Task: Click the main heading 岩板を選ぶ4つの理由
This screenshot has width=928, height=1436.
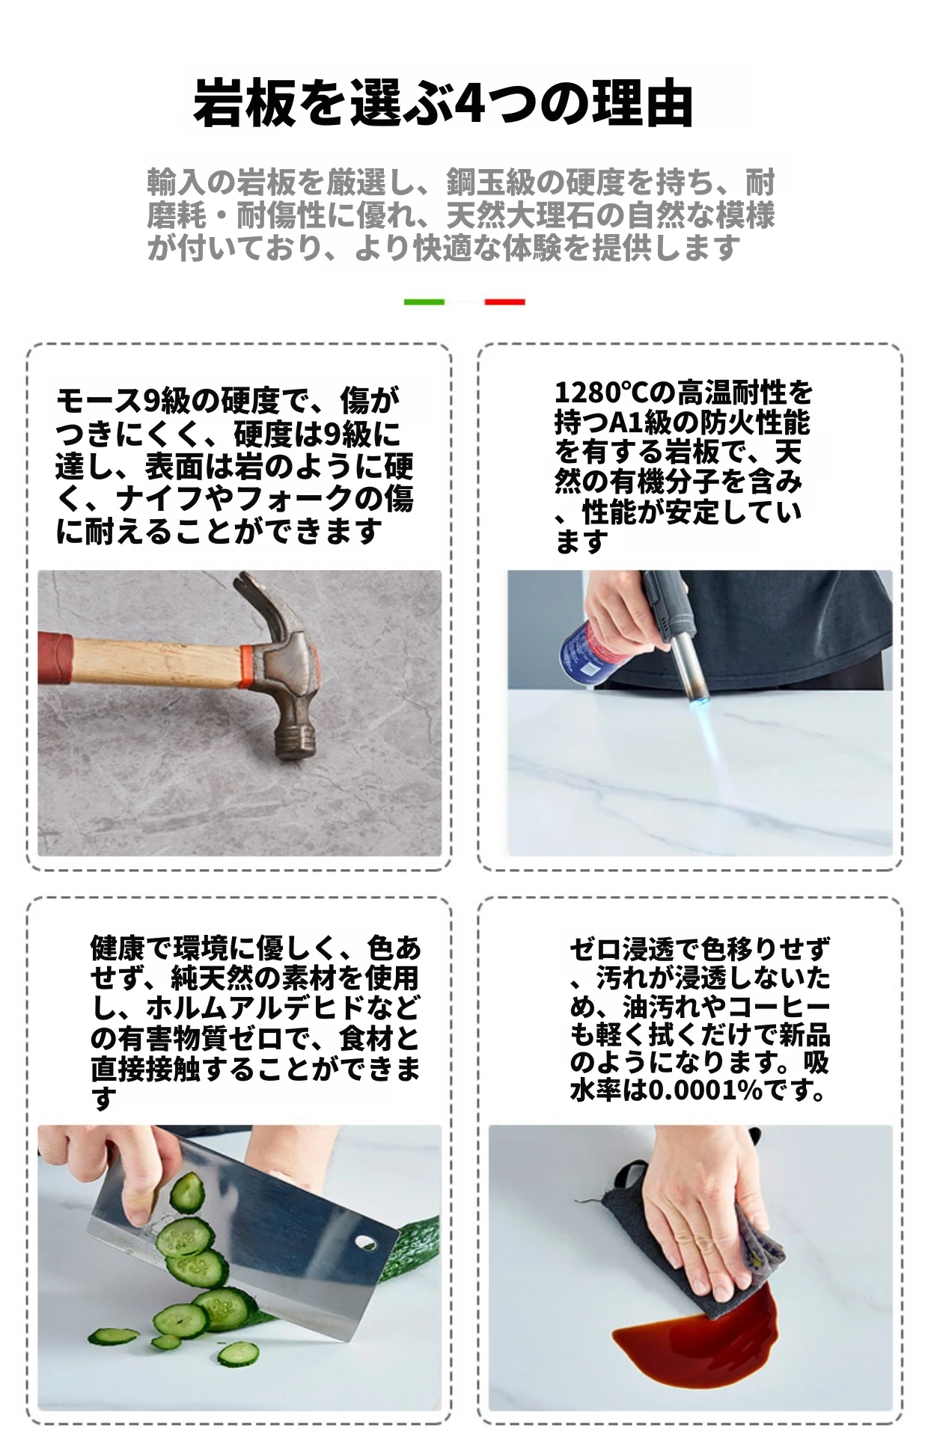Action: coord(443,103)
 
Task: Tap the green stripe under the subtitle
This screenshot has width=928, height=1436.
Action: coord(424,302)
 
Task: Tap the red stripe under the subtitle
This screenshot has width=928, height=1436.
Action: coord(504,302)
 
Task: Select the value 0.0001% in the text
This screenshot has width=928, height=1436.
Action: coord(704,1090)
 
